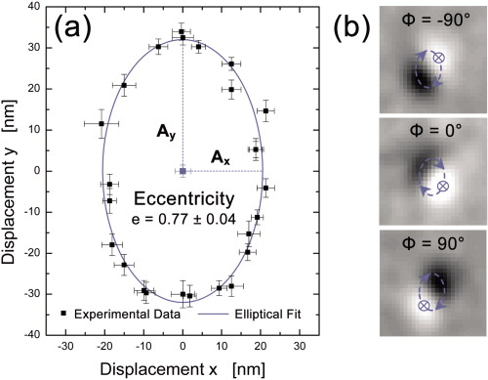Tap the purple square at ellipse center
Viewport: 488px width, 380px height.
[183, 171]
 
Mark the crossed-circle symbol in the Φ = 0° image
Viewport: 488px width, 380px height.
[442, 186]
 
